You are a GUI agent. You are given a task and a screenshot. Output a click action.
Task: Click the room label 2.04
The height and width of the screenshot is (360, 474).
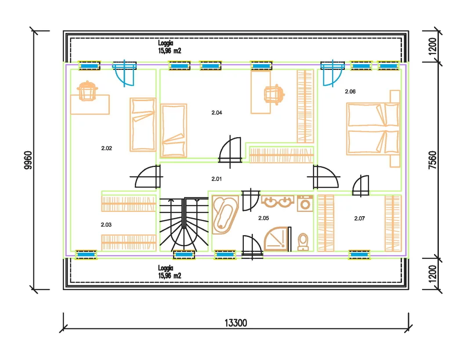(x=217, y=113)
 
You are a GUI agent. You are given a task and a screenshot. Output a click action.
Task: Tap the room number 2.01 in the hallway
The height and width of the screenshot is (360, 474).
(x=217, y=179)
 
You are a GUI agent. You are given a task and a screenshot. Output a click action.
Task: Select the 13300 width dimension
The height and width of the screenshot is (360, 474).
(x=236, y=323)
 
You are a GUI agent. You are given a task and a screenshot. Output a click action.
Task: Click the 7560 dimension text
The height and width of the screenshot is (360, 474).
(x=433, y=160)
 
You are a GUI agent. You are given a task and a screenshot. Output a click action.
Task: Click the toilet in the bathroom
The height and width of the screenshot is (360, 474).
(x=303, y=242)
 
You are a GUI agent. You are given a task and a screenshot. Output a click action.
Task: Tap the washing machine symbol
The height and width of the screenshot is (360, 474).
(x=305, y=203)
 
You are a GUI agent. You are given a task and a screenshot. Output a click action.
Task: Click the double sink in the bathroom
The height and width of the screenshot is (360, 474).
(x=278, y=202)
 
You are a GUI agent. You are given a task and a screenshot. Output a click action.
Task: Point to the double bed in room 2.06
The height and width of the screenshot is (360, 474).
(x=373, y=128)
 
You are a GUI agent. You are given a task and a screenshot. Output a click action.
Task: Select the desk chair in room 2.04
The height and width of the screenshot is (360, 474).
(x=274, y=95)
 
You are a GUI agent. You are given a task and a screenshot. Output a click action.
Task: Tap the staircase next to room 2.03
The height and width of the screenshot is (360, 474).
(x=184, y=224)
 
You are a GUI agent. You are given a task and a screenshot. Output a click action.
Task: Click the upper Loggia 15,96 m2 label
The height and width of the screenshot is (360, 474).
(x=170, y=47)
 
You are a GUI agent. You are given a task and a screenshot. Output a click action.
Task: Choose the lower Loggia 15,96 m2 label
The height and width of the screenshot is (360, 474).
(x=170, y=272)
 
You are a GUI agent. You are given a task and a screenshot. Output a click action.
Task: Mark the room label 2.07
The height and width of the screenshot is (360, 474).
(x=359, y=218)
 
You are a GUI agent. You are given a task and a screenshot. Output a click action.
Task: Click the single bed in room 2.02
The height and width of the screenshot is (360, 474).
(x=143, y=124)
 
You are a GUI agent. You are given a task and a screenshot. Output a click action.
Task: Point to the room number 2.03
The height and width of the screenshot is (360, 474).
(x=106, y=225)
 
